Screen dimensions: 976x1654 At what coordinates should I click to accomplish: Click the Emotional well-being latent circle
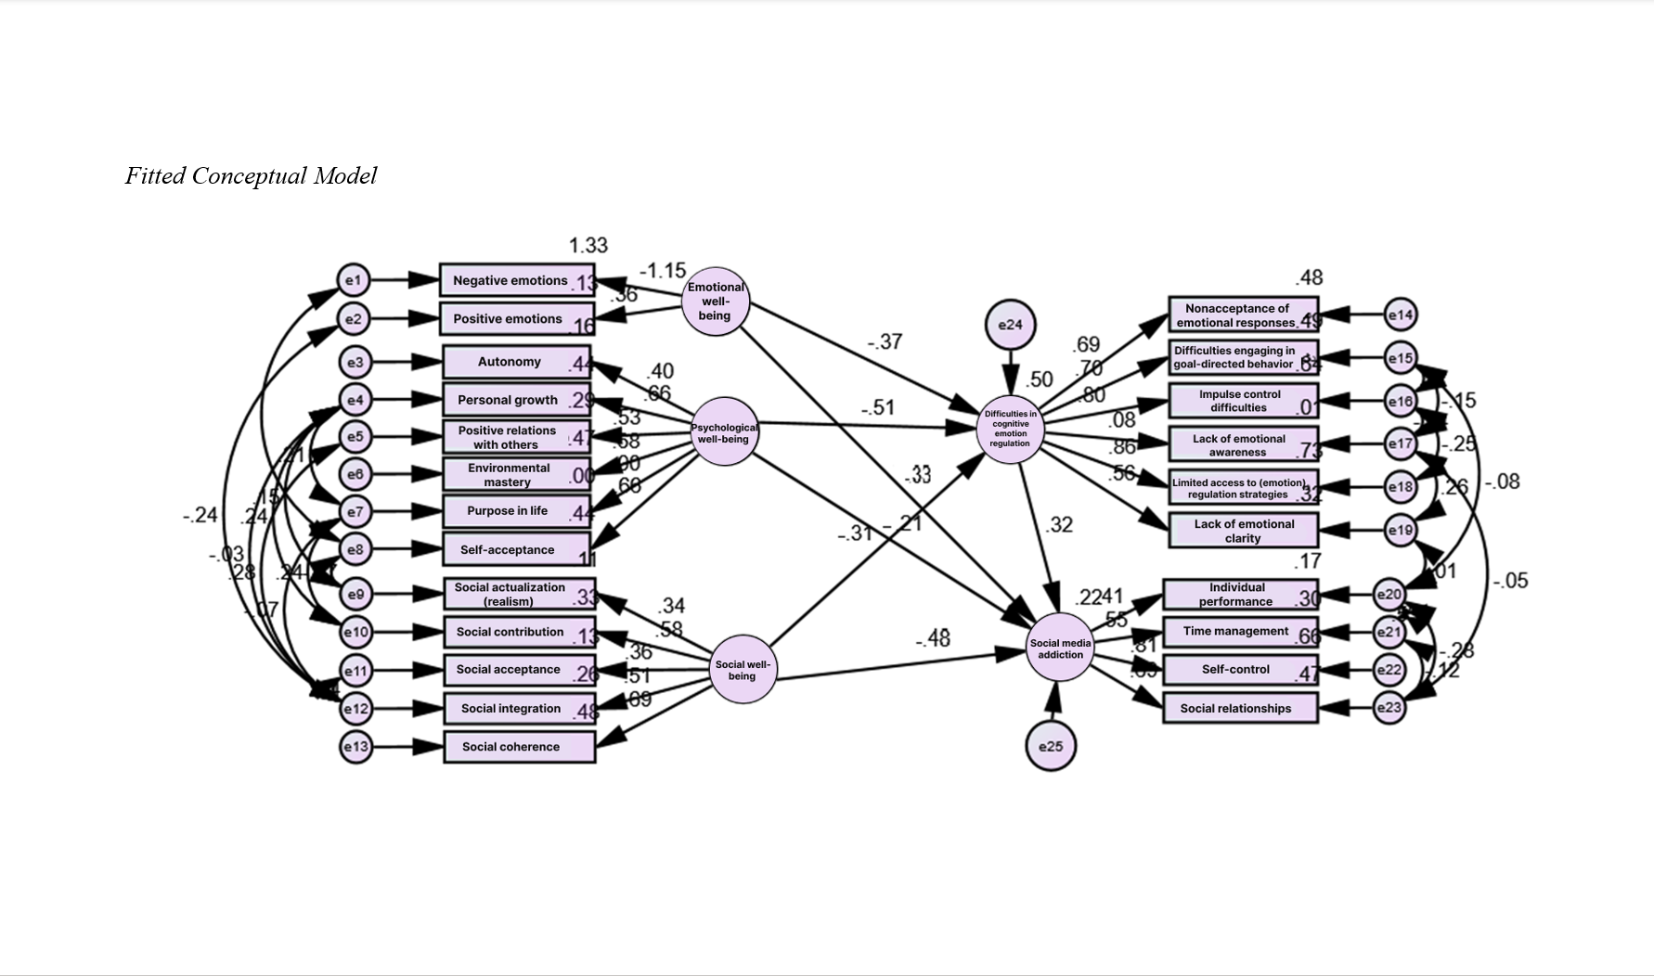[x=716, y=302]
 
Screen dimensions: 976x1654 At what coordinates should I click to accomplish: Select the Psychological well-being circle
[x=725, y=432]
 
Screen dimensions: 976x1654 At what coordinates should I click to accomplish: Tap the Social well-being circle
[x=743, y=670]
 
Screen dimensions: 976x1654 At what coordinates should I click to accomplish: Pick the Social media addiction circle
[x=1060, y=648]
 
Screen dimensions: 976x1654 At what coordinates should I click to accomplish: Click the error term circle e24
[x=1010, y=325]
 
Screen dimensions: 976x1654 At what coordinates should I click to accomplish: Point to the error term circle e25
[x=1051, y=746]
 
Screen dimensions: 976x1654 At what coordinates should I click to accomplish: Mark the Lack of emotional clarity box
[x=1243, y=531]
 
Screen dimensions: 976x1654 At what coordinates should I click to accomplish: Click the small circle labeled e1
[x=354, y=280]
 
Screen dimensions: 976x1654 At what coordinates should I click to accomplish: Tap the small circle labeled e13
[x=355, y=747]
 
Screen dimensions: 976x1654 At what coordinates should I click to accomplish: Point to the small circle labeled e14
[x=1401, y=315]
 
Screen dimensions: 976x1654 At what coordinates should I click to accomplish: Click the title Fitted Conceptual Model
[x=251, y=176]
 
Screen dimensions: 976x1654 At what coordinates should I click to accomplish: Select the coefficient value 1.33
[x=588, y=246]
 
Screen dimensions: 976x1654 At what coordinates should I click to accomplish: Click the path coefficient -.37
[x=885, y=341]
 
